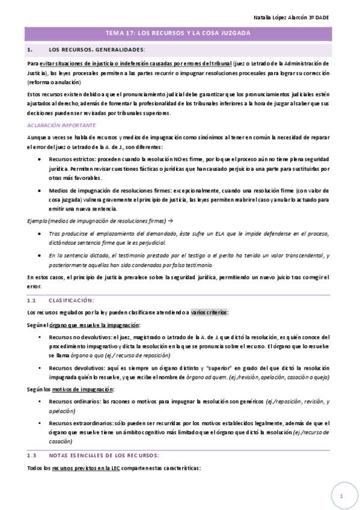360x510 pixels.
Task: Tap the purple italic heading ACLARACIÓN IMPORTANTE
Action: click(62, 124)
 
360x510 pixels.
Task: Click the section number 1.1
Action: click(33, 300)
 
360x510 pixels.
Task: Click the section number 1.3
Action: click(33, 455)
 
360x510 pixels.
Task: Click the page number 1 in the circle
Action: click(340, 496)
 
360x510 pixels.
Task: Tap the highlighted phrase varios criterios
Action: click(209, 312)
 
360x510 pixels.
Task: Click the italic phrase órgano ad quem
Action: click(207, 377)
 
